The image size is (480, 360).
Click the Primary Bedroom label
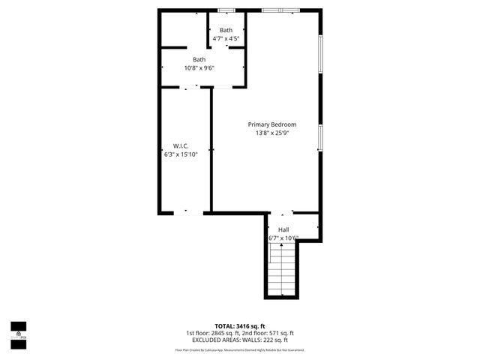tap(272, 124)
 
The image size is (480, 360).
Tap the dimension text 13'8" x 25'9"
tap(272, 133)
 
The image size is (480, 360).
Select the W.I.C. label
tap(180, 145)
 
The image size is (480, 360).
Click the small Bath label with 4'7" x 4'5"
tap(226, 30)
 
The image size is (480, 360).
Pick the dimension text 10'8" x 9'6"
tap(199, 68)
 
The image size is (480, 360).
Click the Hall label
tap(283, 229)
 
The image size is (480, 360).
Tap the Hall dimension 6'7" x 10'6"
tap(283, 238)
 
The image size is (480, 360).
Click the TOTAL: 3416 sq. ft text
tap(239, 326)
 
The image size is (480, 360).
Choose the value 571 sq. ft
tap(281, 333)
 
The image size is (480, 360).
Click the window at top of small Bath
tap(226, 10)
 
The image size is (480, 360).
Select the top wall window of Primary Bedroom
tap(281, 10)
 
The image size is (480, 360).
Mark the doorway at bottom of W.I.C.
tap(188, 213)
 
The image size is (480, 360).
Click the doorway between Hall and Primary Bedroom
tap(282, 213)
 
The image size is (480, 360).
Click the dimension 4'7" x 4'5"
tap(226, 38)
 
